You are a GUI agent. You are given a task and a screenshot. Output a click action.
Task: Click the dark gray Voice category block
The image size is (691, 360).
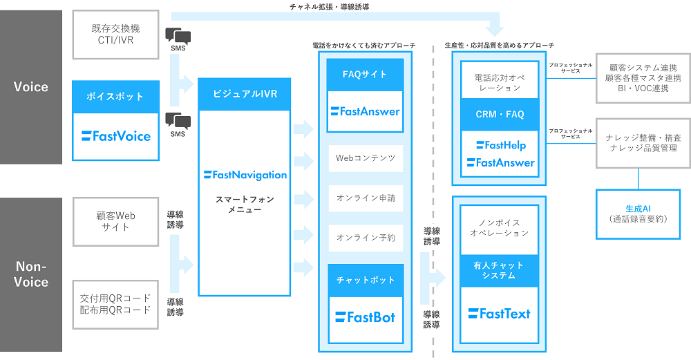[x=31, y=86]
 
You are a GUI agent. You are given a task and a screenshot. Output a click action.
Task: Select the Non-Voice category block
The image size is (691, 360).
[x=31, y=274]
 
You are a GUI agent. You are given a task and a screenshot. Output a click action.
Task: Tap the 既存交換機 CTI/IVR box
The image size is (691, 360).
[x=115, y=34]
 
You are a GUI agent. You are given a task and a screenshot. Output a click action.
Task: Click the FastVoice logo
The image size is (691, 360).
[x=115, y=136]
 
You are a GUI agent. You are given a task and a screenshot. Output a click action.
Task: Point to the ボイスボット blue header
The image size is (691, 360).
[x=115, y=97]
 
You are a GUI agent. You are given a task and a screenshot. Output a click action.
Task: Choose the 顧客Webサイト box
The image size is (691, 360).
[x=115, y=221]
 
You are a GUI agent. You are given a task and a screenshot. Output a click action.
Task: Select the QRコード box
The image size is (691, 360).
[x=115, y=303]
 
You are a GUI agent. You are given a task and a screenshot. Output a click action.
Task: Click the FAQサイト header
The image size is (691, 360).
[x=365, y=75]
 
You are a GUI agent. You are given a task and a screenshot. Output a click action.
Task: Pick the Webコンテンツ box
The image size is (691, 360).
[x=365, y=158]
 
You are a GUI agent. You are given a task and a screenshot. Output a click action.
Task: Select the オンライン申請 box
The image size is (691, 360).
[x=365, y=198]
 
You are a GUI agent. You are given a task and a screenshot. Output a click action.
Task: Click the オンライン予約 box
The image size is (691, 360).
[x=365, y=238]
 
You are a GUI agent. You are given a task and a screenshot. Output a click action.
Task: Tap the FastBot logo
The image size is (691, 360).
[x=365, y=317]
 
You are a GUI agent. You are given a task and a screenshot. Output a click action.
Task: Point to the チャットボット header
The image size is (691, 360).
[x=365, y=281]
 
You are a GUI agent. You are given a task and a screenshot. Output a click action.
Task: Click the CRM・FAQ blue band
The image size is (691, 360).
[x=500, y=114]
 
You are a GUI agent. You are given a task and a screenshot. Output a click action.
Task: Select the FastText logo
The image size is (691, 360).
[x=499, y=314]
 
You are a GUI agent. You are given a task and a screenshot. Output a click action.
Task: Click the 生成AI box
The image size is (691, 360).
[x=638, y=214]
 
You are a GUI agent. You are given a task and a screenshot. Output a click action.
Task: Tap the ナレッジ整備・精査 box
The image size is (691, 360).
[x=642, y=143]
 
